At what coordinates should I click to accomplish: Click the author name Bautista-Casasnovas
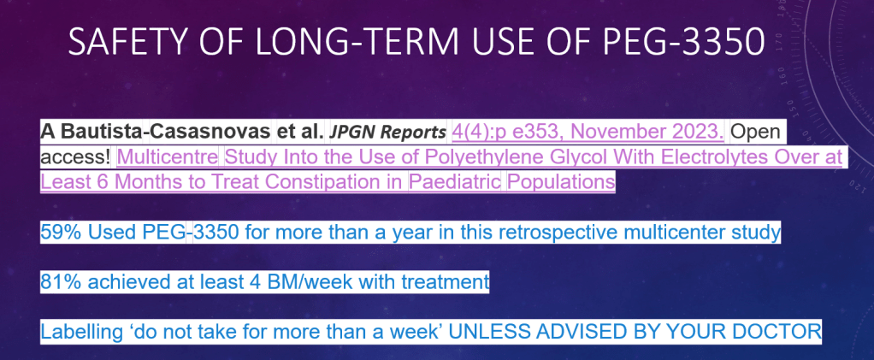pos(166,132)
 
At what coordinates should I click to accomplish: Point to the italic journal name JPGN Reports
pos(388,133)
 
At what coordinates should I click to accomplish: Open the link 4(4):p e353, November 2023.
pos(588,132)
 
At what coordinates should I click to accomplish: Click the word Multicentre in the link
pos(168,157)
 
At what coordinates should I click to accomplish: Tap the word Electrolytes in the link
pos(712,157)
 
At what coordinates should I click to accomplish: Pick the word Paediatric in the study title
pos(455,181)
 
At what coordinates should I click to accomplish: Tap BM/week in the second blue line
pos(309,282)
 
